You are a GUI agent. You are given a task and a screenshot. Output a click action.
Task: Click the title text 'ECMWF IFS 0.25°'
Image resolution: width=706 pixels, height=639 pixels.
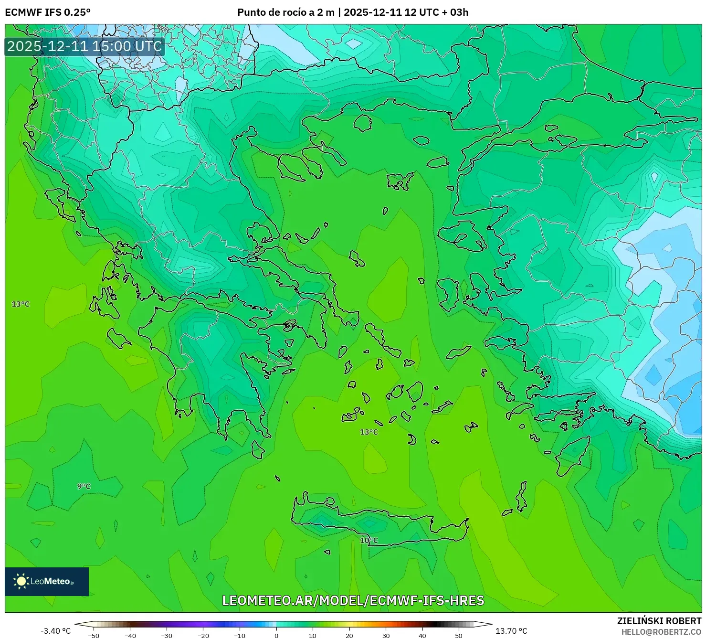click(48, 12)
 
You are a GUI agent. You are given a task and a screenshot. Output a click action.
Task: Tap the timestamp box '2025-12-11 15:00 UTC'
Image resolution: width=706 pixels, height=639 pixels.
click(84, 46)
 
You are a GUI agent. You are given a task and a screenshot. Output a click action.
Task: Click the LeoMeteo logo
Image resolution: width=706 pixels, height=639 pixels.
click(47, 581)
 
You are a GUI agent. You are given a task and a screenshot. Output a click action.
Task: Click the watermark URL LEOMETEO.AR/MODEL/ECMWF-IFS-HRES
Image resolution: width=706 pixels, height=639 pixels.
click(353, 600)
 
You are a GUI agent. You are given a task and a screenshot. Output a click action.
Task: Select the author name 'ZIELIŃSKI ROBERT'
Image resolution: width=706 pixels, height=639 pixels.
click(659, 621)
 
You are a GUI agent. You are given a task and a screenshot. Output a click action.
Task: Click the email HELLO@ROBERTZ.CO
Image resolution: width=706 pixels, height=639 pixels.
click(661, 631)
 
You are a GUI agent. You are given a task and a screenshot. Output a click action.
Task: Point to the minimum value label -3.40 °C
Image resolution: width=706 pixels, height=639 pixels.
click(55, 631)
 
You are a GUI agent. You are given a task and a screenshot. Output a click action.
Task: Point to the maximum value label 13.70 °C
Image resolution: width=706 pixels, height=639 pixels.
click(511, 631)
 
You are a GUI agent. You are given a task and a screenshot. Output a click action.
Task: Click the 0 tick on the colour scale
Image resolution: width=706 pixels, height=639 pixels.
click(276, 635)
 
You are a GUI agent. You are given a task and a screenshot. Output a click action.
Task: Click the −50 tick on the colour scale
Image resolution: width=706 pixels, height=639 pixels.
click(94, 635)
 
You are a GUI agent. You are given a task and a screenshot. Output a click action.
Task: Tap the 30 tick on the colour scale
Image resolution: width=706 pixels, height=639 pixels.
click(386, 635)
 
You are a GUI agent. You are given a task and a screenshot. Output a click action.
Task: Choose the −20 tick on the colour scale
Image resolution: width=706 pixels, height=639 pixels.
click(203, 635)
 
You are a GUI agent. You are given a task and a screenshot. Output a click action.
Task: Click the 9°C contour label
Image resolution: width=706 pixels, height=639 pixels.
click(84, 486)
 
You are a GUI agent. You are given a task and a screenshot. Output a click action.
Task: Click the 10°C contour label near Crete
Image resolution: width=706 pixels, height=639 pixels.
click(369, 540)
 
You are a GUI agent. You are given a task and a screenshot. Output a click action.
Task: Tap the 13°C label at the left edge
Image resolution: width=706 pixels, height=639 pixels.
click(21, 304)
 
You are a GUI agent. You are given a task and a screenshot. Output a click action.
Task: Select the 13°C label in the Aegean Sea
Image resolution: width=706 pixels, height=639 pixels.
click(369, 432)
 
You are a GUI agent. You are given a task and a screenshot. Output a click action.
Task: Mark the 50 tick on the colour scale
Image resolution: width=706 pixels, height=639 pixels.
click(459, 635)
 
